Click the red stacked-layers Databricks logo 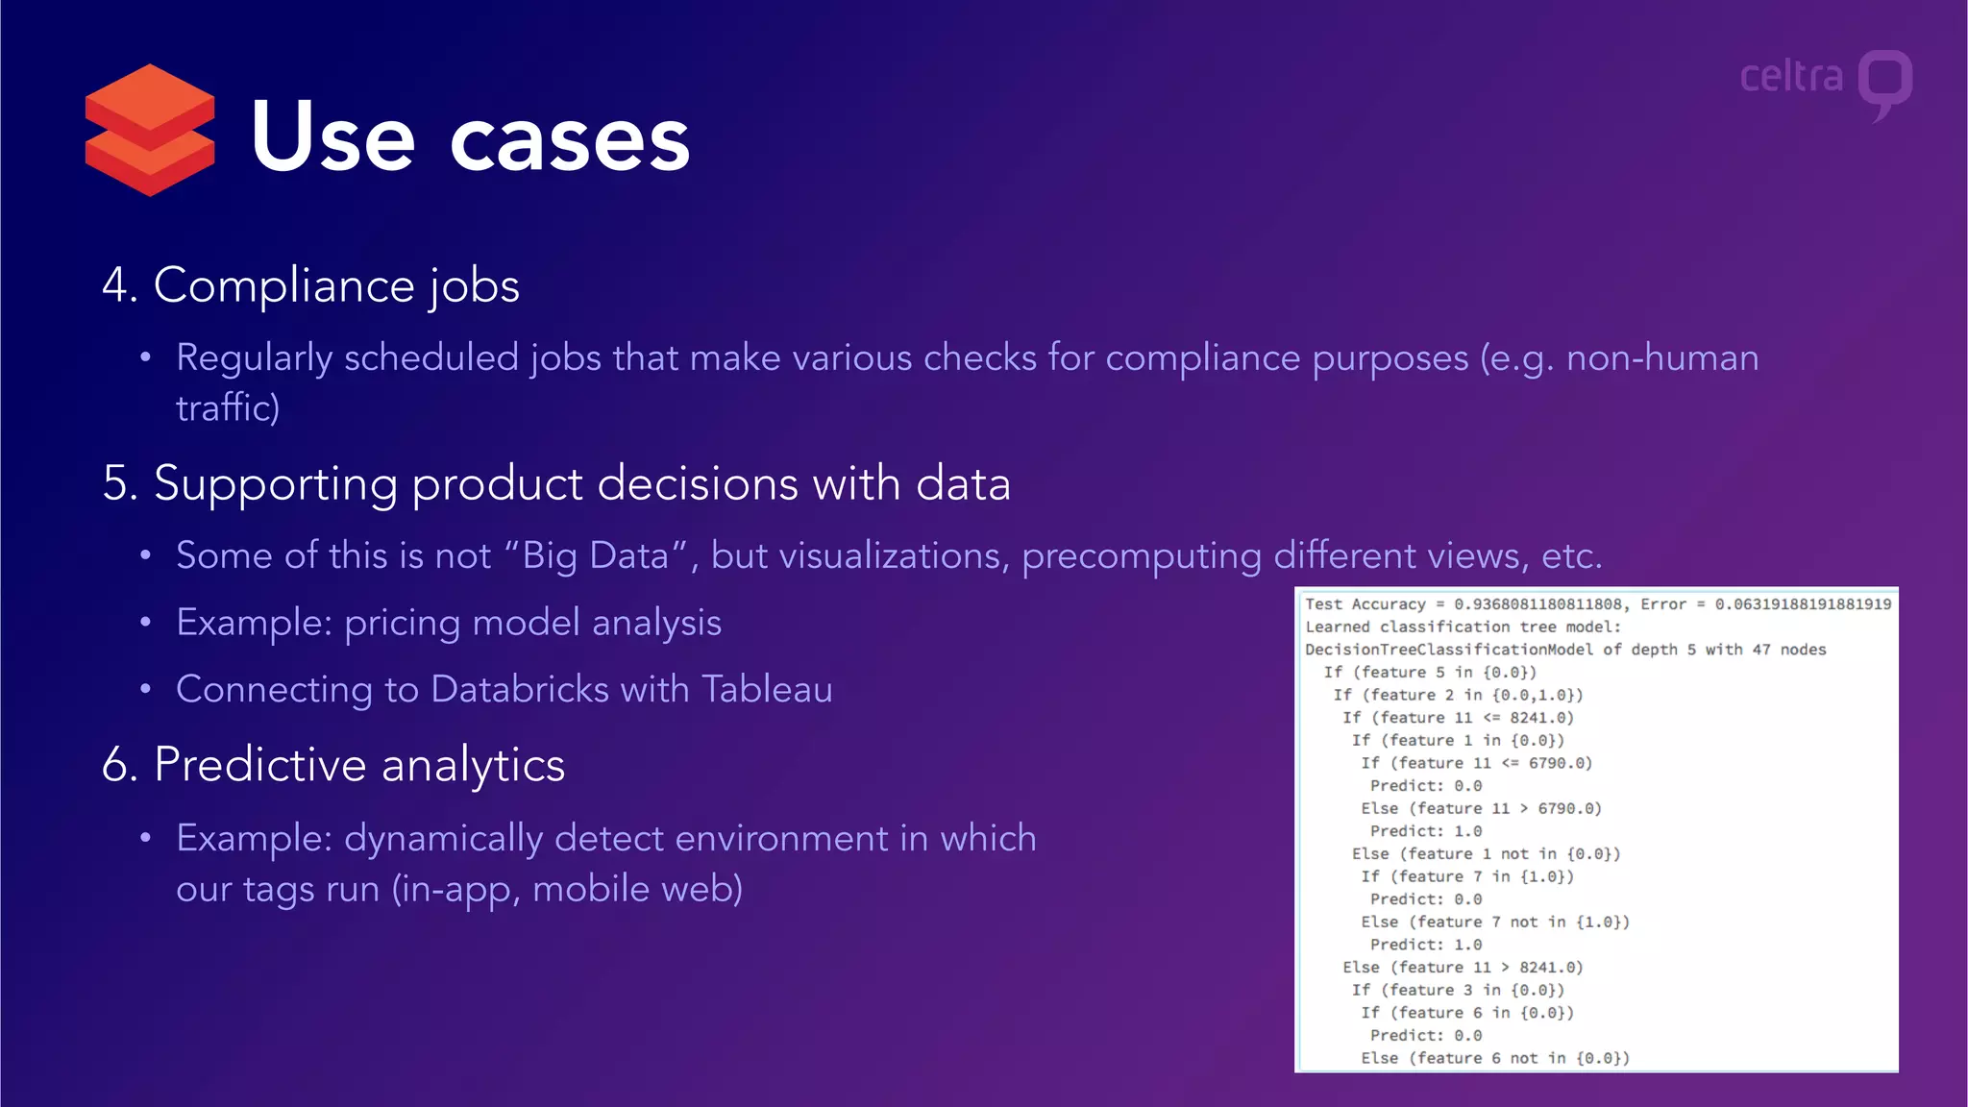(x=149, y=131)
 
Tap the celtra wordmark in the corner (x=1791, y=77)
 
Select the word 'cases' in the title (x=570, y=140)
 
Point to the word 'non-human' (x=1662, y=358)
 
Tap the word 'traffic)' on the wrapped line (x=228, y=408)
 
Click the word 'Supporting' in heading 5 (x=275, y=484)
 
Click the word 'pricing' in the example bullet (x=402, y=624)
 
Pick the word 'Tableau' (x=767, y=690)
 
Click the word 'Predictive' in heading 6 (x=260, y=765)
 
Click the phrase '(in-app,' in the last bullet (x=455, y=890)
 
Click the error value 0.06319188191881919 (x=1803, y=604)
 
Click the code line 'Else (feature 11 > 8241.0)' (x=1463, y=968)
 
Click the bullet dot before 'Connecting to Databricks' (x=145, y=690)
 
